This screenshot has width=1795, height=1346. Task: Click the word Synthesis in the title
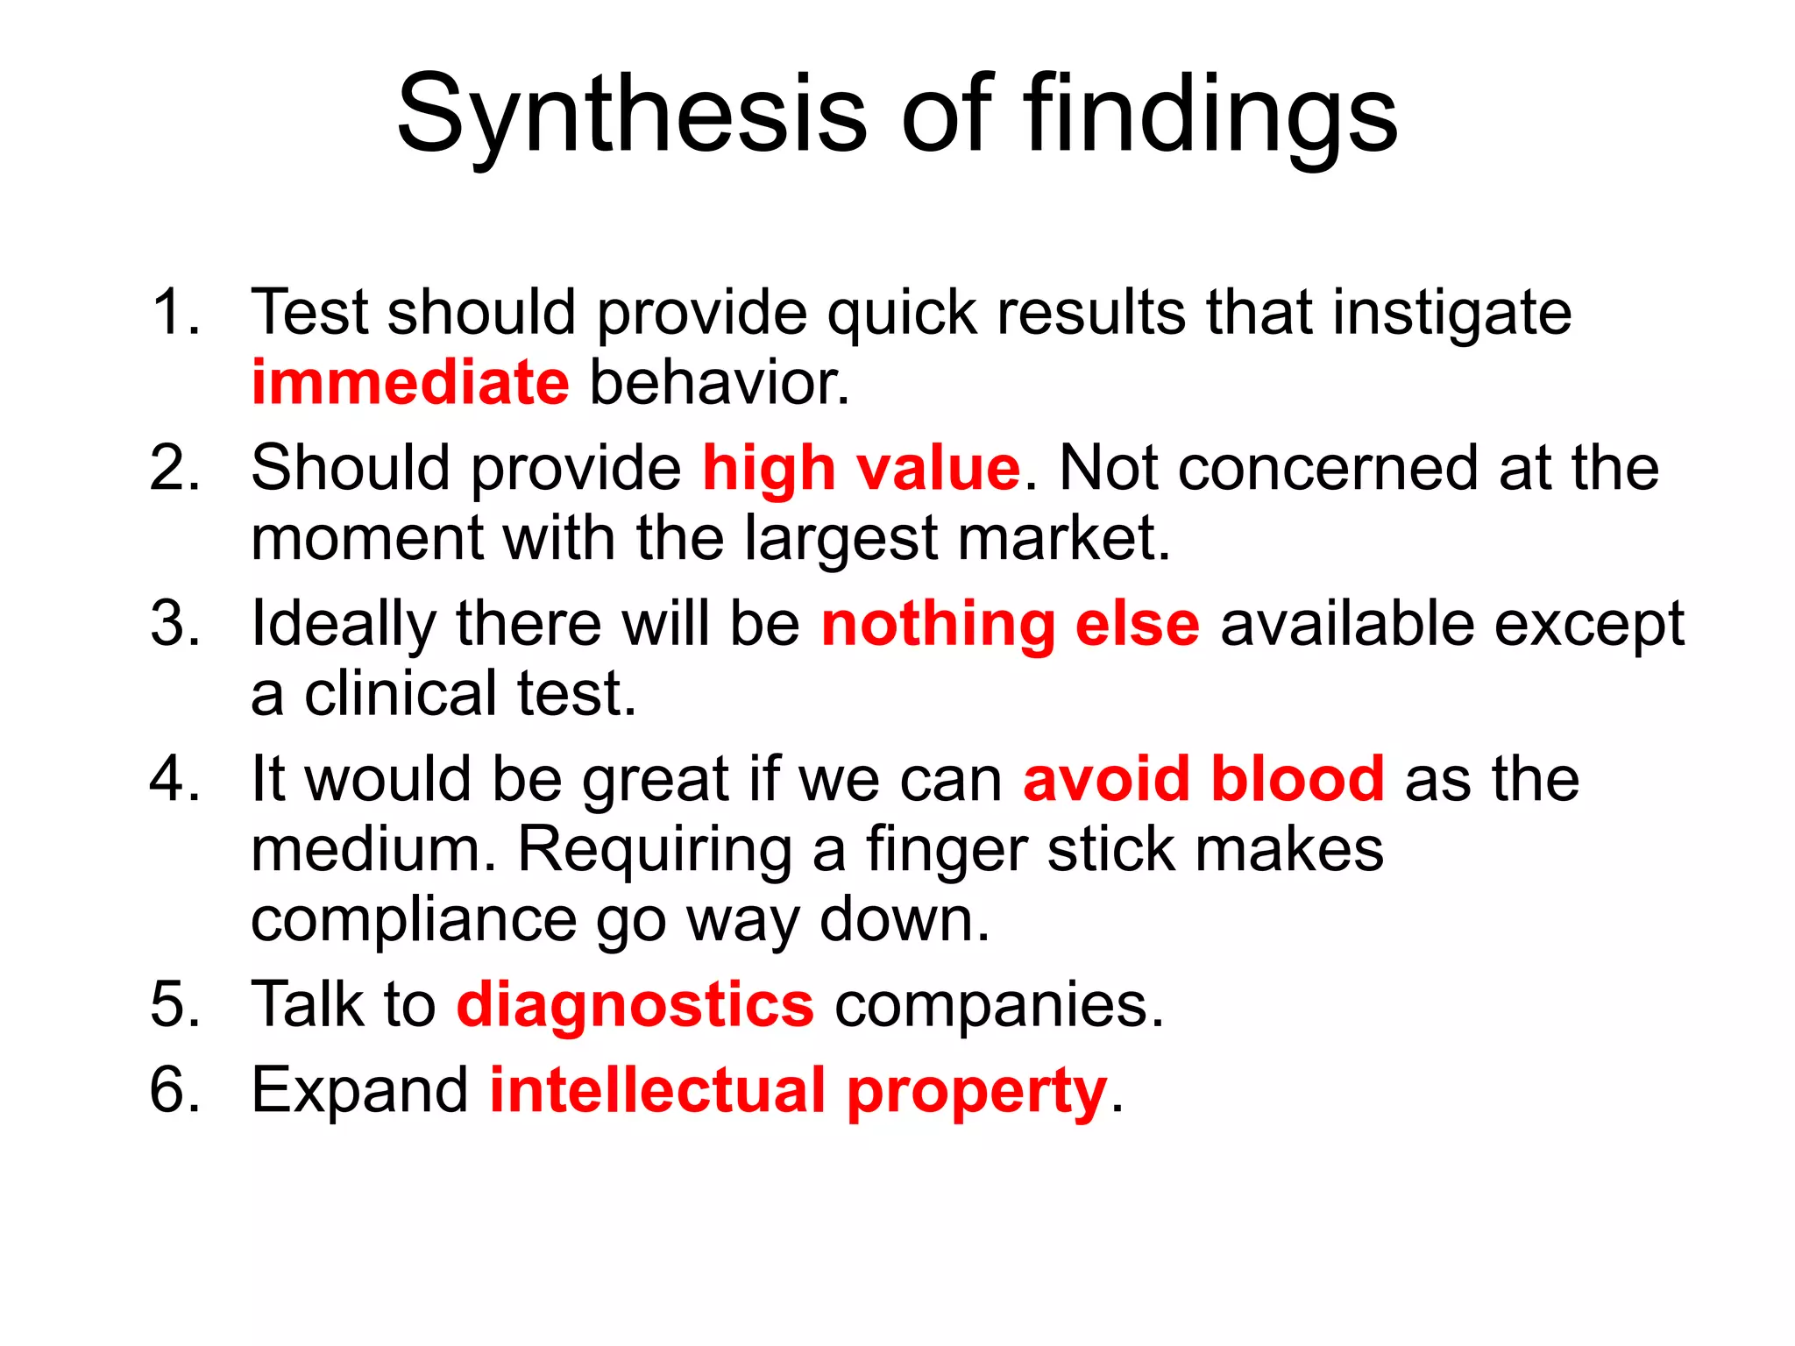point(631,114)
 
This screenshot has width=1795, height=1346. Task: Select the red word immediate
point(410,383)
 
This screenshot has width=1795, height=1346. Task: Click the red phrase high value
point(862,468)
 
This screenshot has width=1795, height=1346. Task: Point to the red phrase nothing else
point(1010,624)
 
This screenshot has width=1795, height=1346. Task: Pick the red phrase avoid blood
point(1203,778)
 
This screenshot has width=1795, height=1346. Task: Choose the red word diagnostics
point(635,1004)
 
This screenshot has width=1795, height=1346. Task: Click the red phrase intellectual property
point(798,1091)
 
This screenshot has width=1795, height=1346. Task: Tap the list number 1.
point(174,312)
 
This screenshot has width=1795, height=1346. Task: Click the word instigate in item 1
point(1451,314)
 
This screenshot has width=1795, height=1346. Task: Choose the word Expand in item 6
point(360,1091)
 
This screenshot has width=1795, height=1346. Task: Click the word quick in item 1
point(902,314)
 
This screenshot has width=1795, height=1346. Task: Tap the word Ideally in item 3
point(343,624)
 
